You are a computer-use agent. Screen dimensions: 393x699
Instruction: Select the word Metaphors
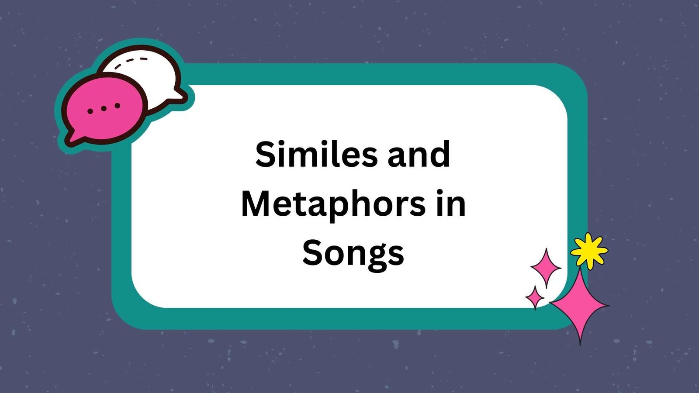click(x=333, y=204)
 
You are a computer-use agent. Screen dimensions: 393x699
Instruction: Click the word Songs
click(x=353, y=253)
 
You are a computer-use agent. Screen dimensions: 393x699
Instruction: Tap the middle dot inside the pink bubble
click(x=104, y=108)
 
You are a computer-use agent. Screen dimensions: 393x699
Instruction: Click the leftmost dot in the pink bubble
click(x=90, y=111)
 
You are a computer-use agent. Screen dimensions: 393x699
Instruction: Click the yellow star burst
click(x=589, y=251)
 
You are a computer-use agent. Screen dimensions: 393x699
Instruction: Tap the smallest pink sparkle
click(x=535, y=297)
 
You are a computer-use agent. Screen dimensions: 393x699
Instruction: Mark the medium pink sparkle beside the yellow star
click(x=546, y=267)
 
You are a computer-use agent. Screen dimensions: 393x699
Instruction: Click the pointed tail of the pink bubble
click(x=70, y=140)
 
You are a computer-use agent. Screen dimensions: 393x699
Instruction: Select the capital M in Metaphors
click(x=257, y=204)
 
